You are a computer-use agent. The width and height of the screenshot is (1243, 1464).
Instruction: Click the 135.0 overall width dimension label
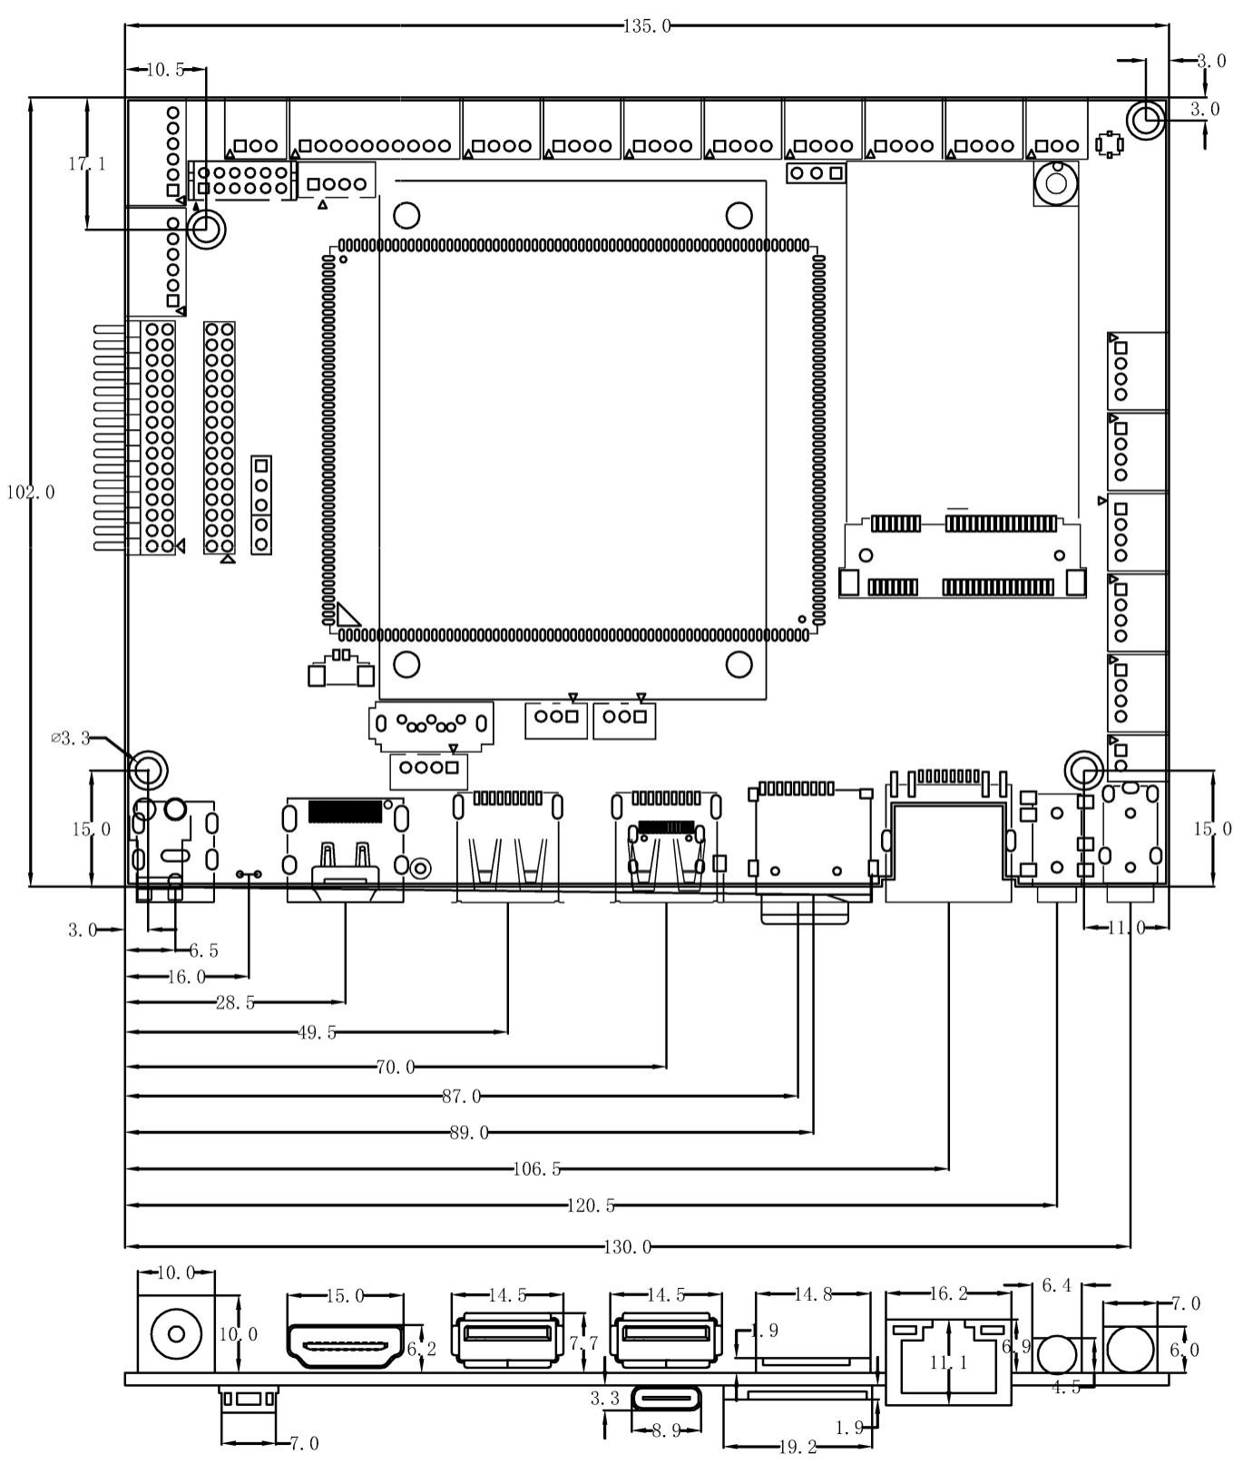(647, 26)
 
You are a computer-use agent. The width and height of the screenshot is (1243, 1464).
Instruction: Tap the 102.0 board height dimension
(31, 493)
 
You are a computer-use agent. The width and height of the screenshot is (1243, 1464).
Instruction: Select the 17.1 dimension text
(87, 164)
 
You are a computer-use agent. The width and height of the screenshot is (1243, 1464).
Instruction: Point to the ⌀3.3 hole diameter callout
(71, 738)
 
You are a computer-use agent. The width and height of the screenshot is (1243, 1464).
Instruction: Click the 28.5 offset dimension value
(235, 1003)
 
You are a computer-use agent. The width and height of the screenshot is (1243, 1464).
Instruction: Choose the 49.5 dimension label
(317, 1032)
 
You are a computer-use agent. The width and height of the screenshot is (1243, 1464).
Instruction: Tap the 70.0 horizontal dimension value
(396, 1068)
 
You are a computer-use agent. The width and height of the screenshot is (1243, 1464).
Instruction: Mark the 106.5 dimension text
(537, 1169)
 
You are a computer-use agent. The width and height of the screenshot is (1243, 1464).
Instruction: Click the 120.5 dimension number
(591, 1205)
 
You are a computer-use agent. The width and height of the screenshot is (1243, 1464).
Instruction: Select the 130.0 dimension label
(628, 1247)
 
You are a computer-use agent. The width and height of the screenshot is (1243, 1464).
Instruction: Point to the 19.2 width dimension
(798, 1448)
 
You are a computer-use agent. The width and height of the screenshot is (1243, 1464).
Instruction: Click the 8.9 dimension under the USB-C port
(665, 1430)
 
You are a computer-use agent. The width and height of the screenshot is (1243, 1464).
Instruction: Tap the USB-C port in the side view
(665, 1399)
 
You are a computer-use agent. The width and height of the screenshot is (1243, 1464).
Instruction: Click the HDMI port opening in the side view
(346, 1346)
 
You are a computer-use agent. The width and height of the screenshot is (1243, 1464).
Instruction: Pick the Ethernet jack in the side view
(948, 1361)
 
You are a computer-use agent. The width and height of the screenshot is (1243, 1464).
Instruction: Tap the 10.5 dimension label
(164, 70)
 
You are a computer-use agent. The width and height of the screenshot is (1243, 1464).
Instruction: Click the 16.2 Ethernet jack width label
(948, 1294)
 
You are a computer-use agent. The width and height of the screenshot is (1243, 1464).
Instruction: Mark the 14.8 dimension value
(813, 1294)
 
